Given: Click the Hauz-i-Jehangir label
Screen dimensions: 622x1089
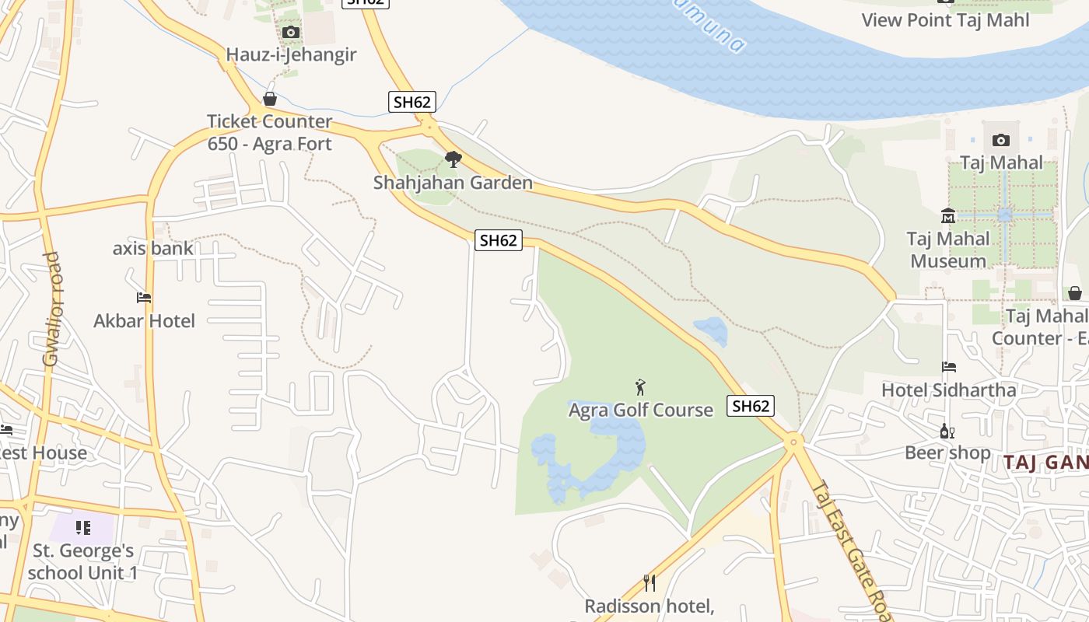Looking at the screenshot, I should tap(291, 54).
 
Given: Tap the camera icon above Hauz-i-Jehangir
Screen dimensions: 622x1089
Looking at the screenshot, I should tap(291, 32).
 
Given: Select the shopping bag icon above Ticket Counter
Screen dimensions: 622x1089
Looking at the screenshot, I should tap(270, 99).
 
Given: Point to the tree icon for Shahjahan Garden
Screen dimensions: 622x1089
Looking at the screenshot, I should tap(453, 160).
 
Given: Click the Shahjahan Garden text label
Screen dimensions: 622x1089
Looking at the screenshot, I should tap(453, 183).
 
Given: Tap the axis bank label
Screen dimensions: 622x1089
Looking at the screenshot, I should tap(152, 249).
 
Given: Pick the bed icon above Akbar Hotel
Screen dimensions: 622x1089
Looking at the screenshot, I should tap(144, 298).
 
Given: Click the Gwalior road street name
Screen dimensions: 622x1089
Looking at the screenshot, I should tap(51, 309).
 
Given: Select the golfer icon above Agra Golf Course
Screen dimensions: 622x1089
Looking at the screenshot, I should tap(640, 387).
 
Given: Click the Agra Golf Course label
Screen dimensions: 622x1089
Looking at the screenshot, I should tap(640, 410).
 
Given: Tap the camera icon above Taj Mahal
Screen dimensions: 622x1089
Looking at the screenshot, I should tap(1001, 141).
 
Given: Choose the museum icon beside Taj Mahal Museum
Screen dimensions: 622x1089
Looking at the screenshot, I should tap(948, 216).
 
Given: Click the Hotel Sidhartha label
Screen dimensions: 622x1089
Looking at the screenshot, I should tap(948, 390).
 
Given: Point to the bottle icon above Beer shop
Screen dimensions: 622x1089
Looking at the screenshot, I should tap(947, 431).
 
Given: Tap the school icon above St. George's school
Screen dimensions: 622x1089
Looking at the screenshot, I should tap(83, 529).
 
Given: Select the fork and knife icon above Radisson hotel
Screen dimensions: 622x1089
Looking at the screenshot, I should tap(650, 582).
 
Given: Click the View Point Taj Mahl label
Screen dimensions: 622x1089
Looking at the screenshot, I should tap(945, 20).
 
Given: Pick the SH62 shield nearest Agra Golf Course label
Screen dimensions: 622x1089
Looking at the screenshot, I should tap(751, 406).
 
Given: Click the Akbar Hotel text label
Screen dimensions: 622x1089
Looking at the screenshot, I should tap(144, 320).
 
